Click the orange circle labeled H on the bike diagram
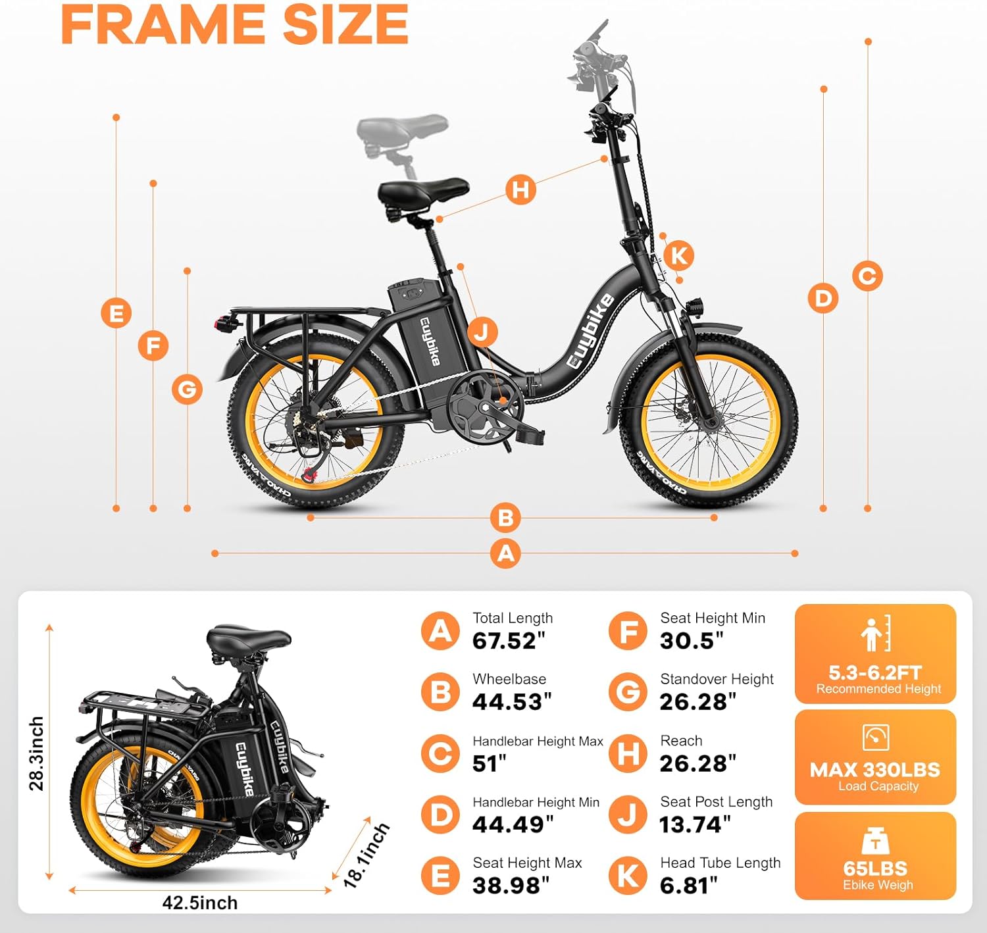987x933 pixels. coord(520,189)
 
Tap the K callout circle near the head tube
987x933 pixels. coord(679,255)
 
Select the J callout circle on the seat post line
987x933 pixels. coord(482,332)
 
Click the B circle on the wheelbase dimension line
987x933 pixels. coord(505,518)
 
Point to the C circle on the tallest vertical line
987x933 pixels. coord(867,276)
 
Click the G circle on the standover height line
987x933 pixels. coord(188,390)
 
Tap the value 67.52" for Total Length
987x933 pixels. coord(508,641)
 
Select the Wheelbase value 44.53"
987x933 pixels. coord(511,701)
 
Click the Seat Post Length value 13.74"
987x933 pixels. coord(695,824)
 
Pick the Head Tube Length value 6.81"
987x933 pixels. coord(688,886)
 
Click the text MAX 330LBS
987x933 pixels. coord(875,770)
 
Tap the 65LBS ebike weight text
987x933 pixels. coord(875,869)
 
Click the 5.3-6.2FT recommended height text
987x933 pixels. coord(875,672)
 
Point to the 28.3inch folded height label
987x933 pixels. coord(37,753)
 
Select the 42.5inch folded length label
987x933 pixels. coord(200,903)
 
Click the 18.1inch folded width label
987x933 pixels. coord(367,855)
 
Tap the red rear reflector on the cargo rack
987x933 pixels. coord(222,323)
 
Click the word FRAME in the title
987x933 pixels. coord(163,26)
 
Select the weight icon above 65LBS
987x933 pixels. coord(875,841)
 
